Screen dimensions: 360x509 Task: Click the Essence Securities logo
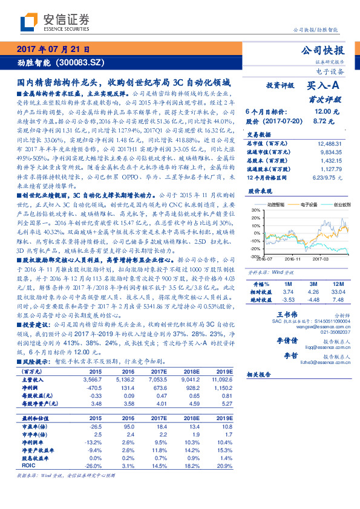[46, 22]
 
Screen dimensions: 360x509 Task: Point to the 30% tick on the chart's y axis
[256, 227]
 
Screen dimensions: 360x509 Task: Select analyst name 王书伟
[288, 315]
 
